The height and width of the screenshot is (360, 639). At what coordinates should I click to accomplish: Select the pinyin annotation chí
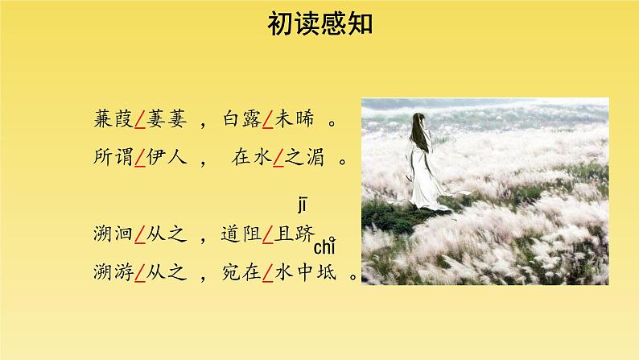pyautogui.click(x=324, y=245)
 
